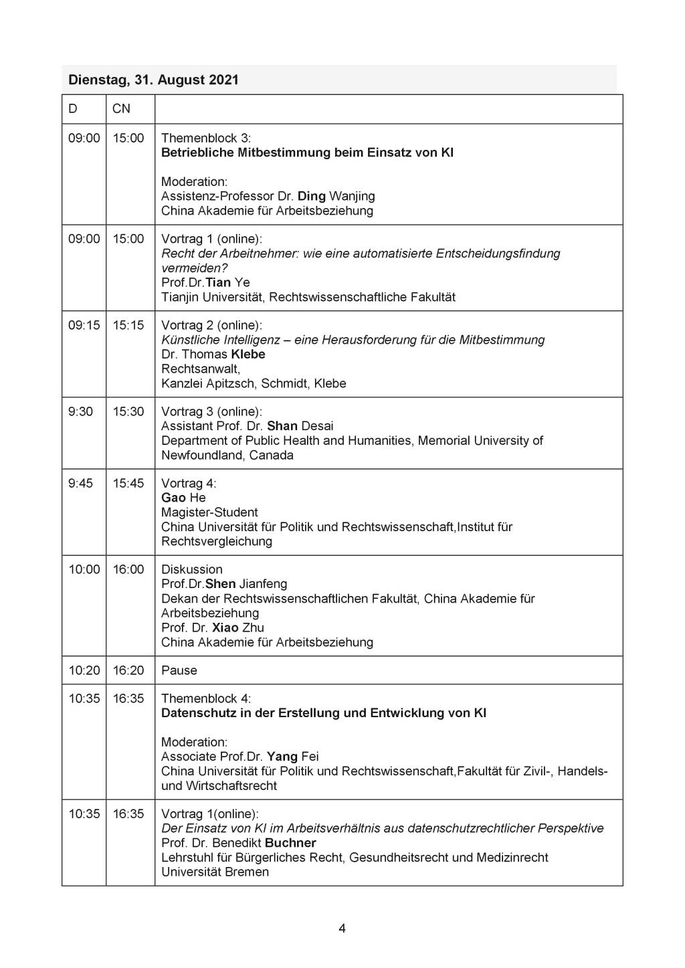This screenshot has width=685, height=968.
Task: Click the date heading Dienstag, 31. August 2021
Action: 153,80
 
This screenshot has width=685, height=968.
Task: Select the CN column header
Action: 121,108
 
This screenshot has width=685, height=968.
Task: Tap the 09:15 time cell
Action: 84,325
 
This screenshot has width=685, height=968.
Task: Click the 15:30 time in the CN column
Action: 128,411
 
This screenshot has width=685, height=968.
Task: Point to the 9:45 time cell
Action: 80,483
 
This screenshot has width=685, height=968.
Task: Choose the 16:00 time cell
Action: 128,569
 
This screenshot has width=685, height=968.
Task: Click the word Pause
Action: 179,670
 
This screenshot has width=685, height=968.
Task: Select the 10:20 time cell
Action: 84,670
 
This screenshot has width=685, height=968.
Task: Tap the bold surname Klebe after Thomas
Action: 248,354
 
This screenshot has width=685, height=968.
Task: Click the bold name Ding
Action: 312,196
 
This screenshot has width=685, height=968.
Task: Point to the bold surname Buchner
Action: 290,843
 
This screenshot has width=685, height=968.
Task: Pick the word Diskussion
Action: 192,569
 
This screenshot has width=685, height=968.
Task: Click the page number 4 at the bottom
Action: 342,928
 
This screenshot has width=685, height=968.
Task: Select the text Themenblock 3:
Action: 206,138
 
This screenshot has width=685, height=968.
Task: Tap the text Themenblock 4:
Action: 206,698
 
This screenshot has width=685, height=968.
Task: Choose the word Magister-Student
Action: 209,512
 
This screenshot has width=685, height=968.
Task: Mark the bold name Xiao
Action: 225,627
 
